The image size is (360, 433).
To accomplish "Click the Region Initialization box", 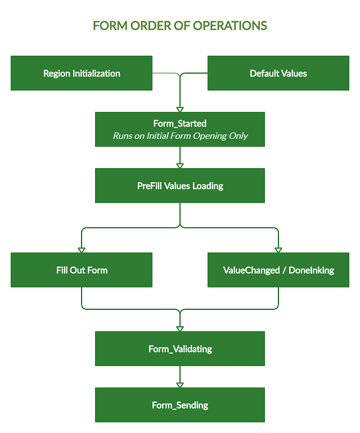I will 82,73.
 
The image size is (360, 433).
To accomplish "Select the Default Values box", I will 278,73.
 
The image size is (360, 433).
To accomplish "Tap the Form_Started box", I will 180,129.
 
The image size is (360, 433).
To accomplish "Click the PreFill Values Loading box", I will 180,186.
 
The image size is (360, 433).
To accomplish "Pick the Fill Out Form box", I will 82,270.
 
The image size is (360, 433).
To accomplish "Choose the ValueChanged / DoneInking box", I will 278,270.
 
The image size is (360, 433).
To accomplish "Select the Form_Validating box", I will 180,349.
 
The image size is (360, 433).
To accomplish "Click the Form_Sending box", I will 180,405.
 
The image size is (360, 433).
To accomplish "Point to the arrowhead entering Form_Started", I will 180,109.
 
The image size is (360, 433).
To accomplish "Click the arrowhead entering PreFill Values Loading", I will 180,165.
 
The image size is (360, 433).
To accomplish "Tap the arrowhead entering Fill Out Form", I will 82,250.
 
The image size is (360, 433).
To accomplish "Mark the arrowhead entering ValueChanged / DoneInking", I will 278,250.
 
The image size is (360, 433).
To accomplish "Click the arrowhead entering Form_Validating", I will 180,328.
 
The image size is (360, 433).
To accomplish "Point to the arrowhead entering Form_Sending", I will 180,385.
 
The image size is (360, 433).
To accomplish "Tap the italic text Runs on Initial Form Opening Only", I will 180,136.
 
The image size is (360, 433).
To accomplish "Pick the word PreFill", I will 150,186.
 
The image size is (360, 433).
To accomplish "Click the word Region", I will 57,73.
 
